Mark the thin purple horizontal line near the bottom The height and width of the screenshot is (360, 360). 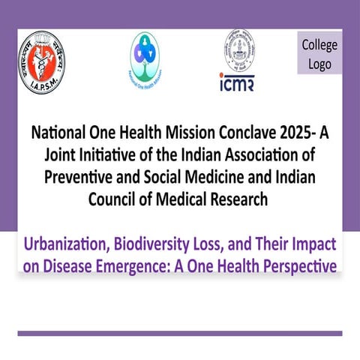point(180,333)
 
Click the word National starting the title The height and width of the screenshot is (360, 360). point(60,134)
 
